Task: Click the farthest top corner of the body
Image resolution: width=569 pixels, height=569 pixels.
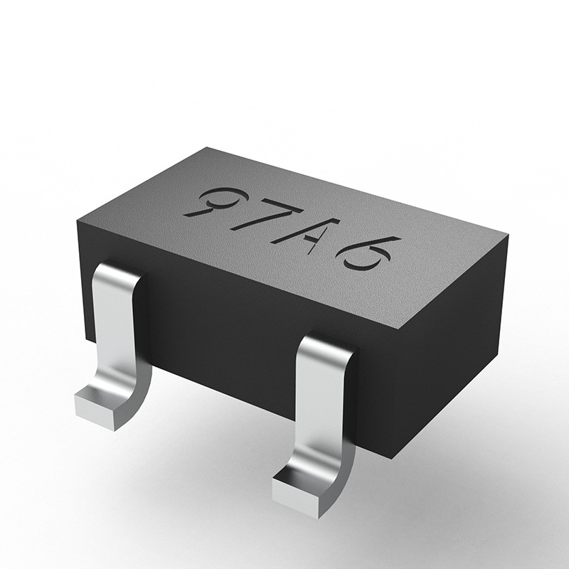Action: click(x=206, y=147)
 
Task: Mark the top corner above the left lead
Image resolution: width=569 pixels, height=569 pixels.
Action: click(x=77, y=223)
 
